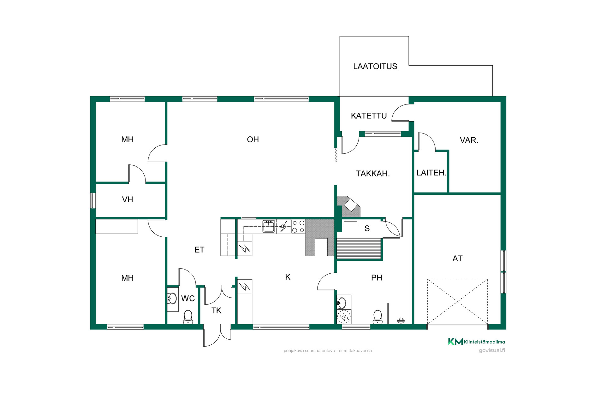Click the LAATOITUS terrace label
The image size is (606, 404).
[375, 66]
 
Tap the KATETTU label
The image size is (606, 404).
[369, 116]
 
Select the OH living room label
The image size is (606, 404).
[253, 140]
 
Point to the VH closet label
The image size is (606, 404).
[128, 199]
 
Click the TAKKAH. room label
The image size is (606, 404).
[373, 174]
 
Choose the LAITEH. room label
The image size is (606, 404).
[431, 173]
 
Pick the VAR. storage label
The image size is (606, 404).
[469, 140]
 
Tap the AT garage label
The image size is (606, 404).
[457, 258]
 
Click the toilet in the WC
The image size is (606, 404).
[188, 317]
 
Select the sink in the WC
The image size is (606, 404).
[172, 298]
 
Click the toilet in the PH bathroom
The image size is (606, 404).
[377, 317]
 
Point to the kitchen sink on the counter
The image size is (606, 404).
[269, 226]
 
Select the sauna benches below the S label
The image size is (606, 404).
[359, 249]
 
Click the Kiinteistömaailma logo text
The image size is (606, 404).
[484, 342]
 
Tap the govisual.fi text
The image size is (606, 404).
[492, 350]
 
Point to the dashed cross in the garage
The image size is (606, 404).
[457, 302]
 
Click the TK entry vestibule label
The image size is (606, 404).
[217, 311]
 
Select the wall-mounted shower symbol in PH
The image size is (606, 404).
[401, 320]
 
